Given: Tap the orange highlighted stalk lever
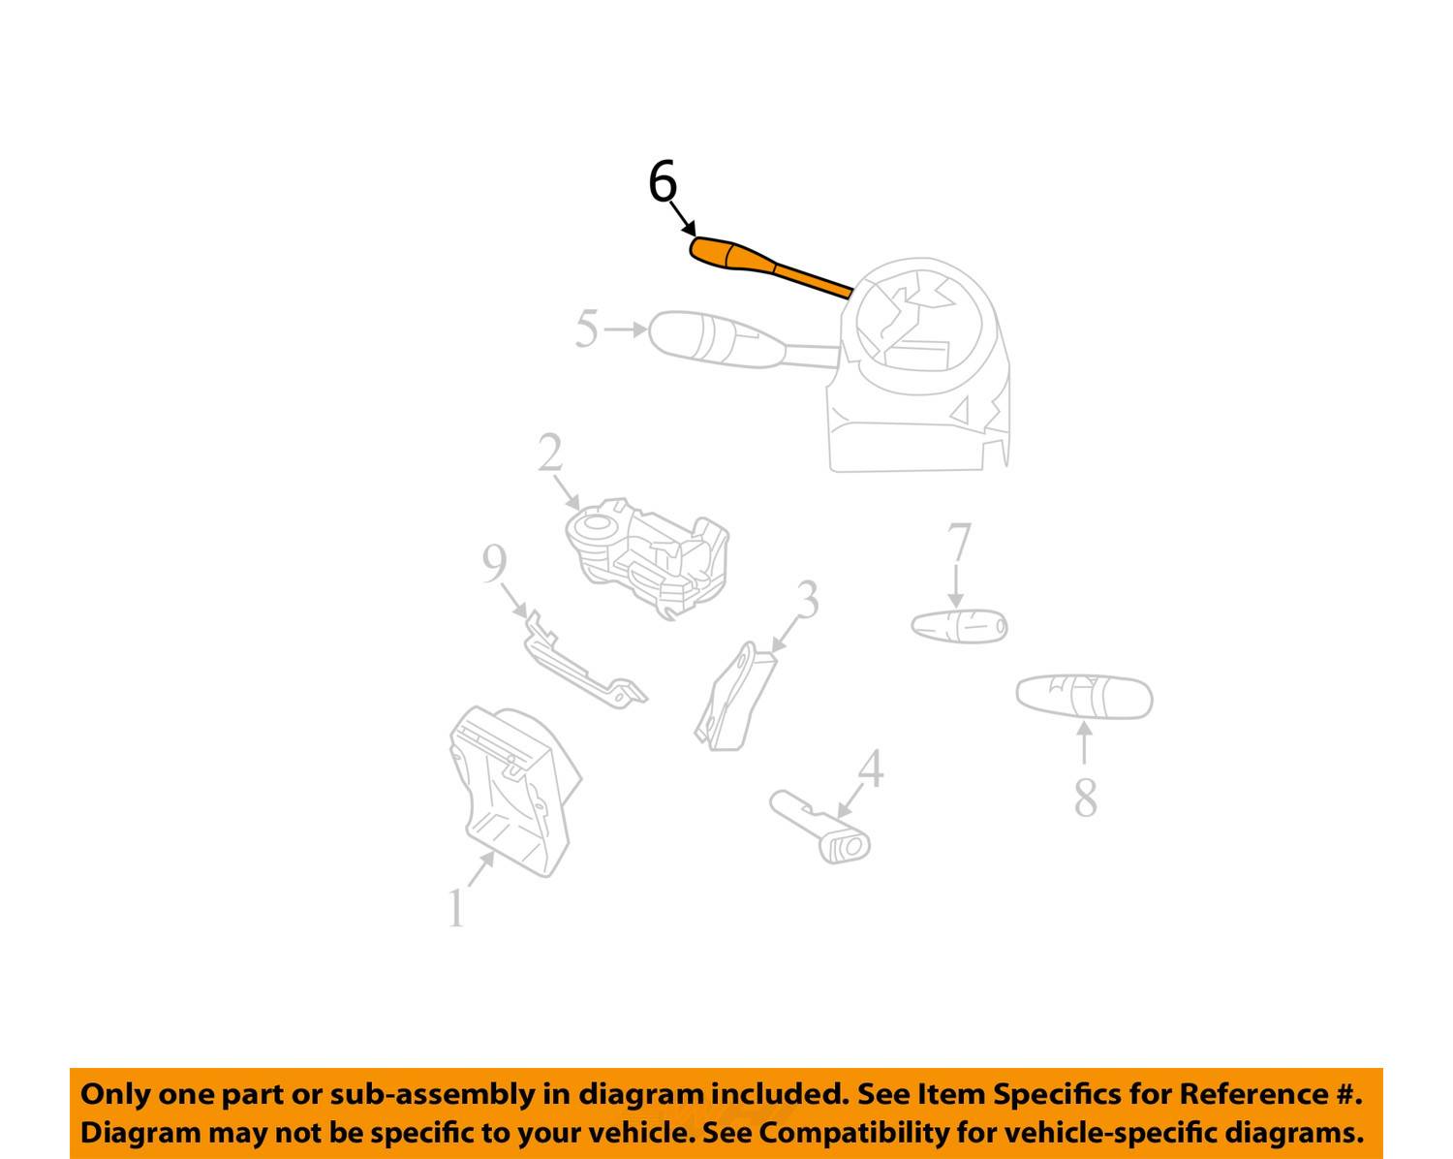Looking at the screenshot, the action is [x=771, y=266].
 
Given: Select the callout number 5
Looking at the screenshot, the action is [x=587, y=329].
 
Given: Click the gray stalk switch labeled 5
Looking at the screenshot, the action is [x=743, y=341].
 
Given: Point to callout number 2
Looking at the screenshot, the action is [x=550, y=453].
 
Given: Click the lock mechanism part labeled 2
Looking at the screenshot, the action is [x=647, y=558].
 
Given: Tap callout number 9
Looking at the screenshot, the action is [x=494, y=564].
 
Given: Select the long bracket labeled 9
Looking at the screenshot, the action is [x=585, y=659].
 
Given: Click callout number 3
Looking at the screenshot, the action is [x=808, y=599].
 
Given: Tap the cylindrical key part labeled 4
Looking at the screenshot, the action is [x=819, y=826].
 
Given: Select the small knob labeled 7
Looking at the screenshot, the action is [x=959, y=626].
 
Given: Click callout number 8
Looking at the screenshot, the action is [x=1086, y=798].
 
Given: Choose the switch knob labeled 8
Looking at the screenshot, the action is [x=1085, y=697].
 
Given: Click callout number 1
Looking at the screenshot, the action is [x=456, y=908].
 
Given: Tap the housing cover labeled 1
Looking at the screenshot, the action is [x=515, y=792].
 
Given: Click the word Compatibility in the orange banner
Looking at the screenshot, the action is [x=853, y=1133].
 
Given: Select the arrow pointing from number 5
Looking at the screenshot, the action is [x=626, y=329].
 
